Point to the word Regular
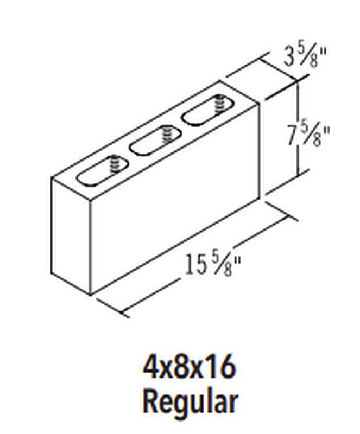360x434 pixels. (190, 402)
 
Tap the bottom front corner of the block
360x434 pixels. (90, 295)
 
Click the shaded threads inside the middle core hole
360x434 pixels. (168, 134)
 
